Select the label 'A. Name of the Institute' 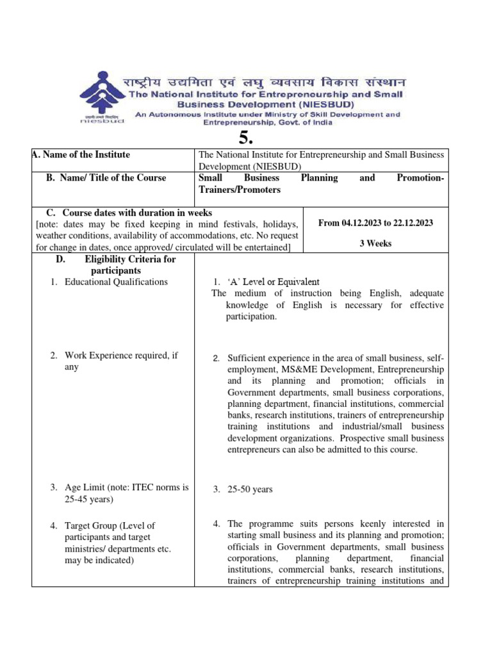[81, 154]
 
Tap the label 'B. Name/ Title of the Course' [106, 177]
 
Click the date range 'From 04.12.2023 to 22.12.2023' [375, 223]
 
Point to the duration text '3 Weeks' [375, 244]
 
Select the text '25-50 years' [250, 489]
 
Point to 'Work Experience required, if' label [121, 356]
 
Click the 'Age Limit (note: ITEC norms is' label [127, 487]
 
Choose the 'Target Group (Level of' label [110, 525]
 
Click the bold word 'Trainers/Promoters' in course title [240, 190]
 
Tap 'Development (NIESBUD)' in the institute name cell [246, 166]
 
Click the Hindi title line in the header [264, 83]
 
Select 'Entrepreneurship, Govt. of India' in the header [268, 123]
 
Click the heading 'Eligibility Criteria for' [129, 259]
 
